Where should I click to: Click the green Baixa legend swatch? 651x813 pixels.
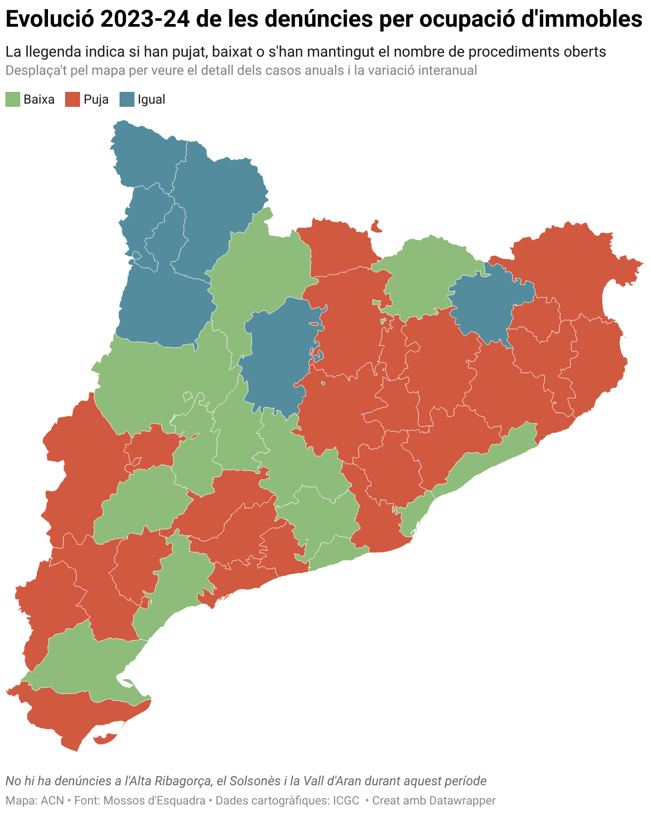pyautogui.click(x=13, y=99)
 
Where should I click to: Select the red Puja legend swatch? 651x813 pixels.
pyautogui.click(x=73, y=99)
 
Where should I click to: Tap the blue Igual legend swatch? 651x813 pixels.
pyautogui.click(x=126, y=99)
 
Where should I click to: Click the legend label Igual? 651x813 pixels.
pyautogui.click(x=152, y=99)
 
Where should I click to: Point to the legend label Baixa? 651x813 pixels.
pyautogui.click(x=39, y=99)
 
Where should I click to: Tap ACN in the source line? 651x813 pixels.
pyautogui.click(x=52, y=801)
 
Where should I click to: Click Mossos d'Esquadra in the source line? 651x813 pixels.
pyautogui.click(x=154, y=801)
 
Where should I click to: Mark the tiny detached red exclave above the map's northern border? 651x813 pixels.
pyautogui.click(x=376, y=226)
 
